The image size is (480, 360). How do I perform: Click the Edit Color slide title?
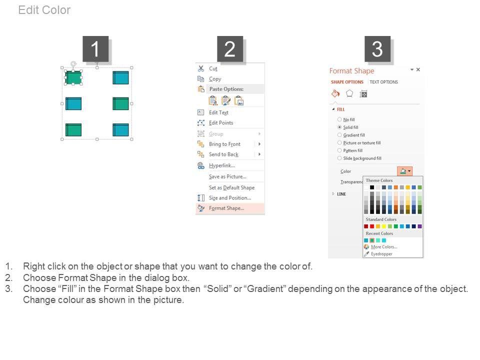click(x=44, y=10)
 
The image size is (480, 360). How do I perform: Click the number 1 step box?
click(x=95, y=49)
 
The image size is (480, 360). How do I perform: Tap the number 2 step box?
click(x=230, y=49)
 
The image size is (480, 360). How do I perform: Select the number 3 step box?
click(x=377, y=49)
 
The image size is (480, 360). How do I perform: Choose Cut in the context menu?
click(x=213, y=68)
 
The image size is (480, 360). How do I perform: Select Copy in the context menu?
click(x=215, y=79)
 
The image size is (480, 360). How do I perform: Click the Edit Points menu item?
click(x=221, y=123)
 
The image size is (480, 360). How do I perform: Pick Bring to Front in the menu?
click(x=224, y=144)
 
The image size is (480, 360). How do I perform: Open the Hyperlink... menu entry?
click(x=222, y=165)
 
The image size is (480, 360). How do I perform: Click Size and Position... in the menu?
click(x=230, y=198)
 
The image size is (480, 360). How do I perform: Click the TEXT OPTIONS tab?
click(x=384, y=82)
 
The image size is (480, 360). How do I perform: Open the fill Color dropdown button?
click(x=404, y=171)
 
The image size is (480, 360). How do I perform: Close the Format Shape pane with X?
click(x=418, y=70)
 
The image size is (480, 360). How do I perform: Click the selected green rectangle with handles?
click(x=73, y=77)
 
